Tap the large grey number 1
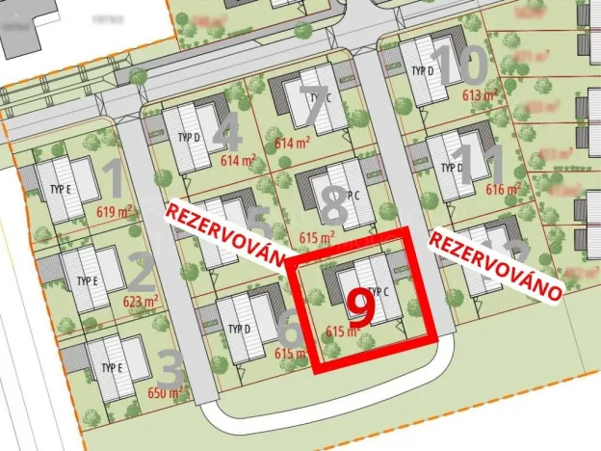[112, 179]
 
